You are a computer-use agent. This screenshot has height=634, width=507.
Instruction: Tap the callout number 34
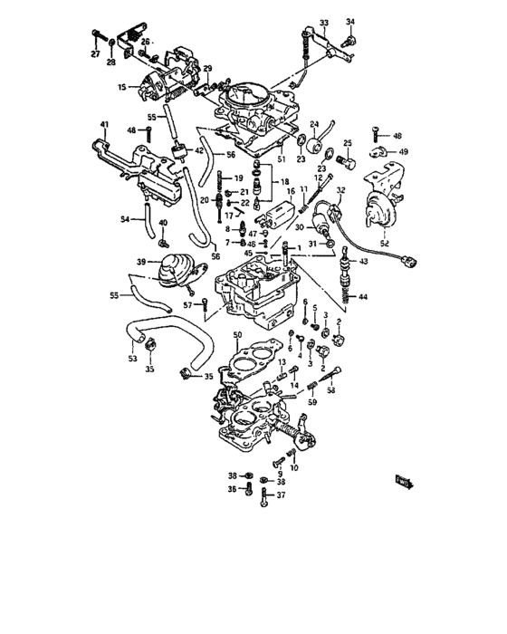tap(350, 22)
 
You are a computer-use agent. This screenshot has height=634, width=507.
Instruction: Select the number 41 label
tap(104, 124)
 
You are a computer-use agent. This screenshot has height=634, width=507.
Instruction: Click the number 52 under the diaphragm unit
tap(385, 243)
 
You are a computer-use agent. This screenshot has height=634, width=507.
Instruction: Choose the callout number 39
tap(140, 262)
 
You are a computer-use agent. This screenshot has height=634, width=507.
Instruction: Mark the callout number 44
tap(363, 297)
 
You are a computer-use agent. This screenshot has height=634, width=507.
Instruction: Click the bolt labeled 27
tap(95, 37)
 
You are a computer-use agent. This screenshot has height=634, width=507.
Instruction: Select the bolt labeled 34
tap(352, 39)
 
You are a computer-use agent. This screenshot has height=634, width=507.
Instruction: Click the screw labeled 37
tap(263, 497)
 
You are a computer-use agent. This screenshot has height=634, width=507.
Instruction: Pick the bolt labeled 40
tap(163, 242)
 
